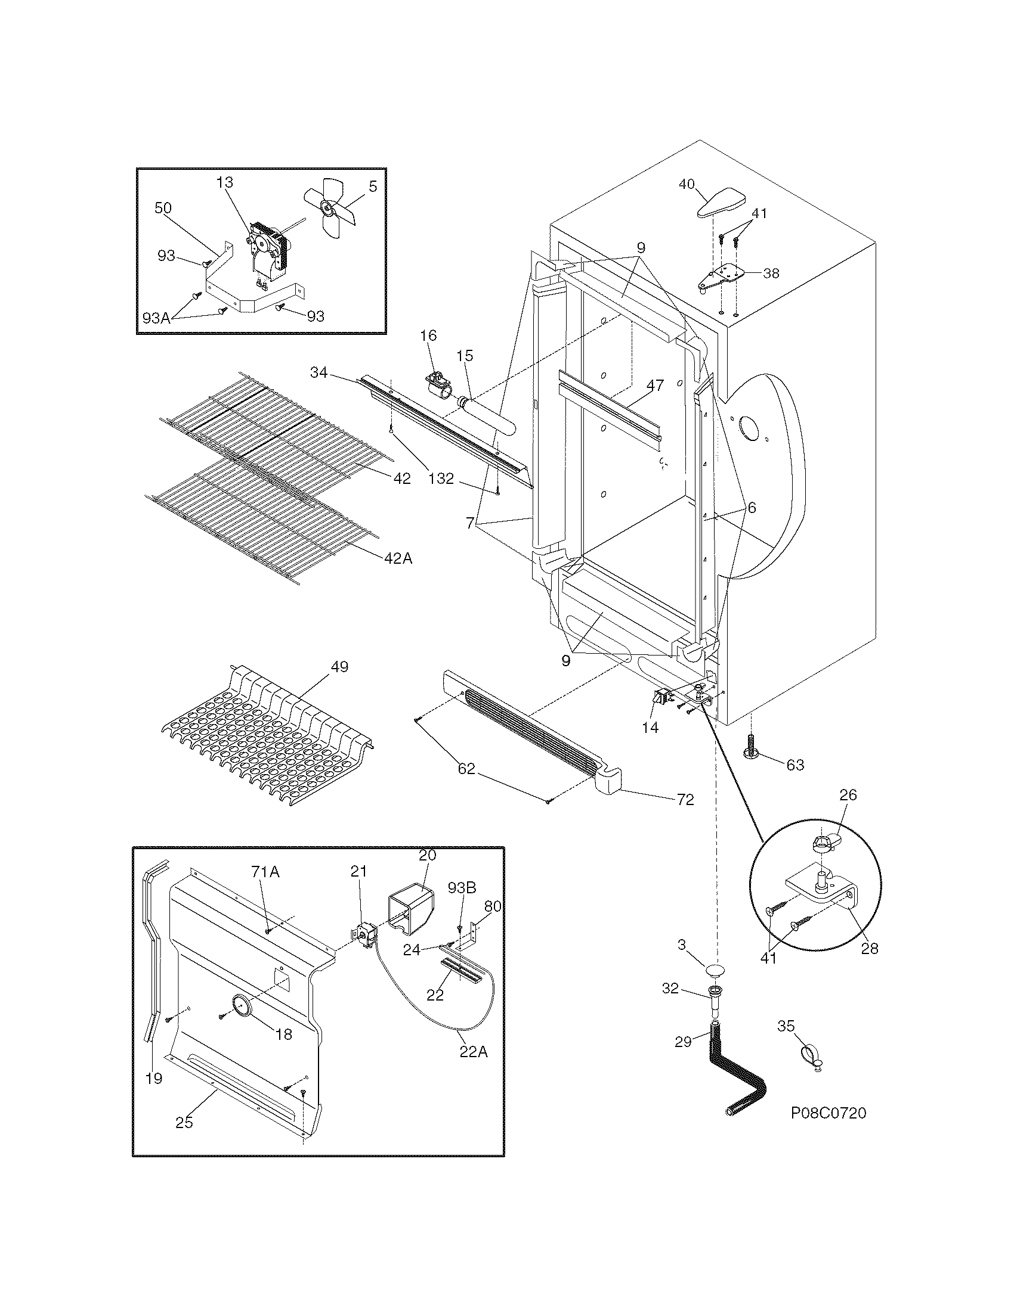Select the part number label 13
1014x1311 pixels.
coord(225,182)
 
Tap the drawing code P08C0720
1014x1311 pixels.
coord(828,1113)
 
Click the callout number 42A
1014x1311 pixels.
coord(398,558)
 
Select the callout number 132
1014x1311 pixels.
coord(441,479)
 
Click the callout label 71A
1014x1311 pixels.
coord(265,872)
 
